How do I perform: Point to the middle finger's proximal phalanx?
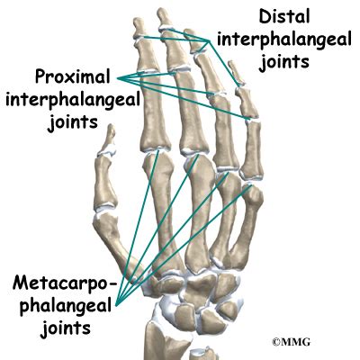[193, 116]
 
